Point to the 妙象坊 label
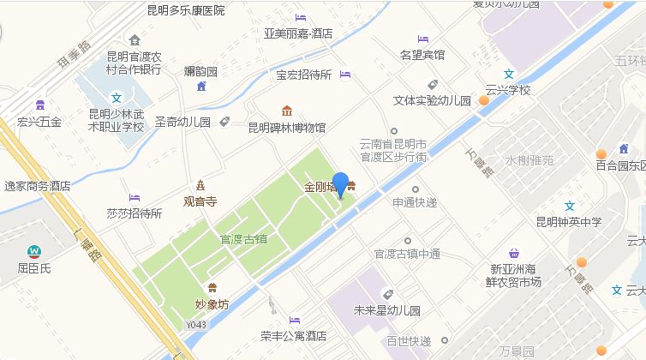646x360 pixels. [x=212, y=303]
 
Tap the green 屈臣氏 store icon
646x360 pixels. [x=34, y=251]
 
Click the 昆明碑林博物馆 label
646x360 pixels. [x=286, y=128]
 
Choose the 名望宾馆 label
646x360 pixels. [x=422, y=55]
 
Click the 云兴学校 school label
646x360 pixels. [x=508, y=89]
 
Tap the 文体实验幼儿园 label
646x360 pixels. [x=432, y=100]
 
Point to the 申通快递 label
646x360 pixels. [x=415, y=203]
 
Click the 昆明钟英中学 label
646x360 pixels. [x=569, y=222]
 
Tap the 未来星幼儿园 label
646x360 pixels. [x=386, y=310]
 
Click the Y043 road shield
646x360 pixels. [x=196, y=326]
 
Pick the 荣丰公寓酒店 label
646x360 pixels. [x=294, y=336]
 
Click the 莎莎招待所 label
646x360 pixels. [x=135, y=213]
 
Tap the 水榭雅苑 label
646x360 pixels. [x=529, y=159]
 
